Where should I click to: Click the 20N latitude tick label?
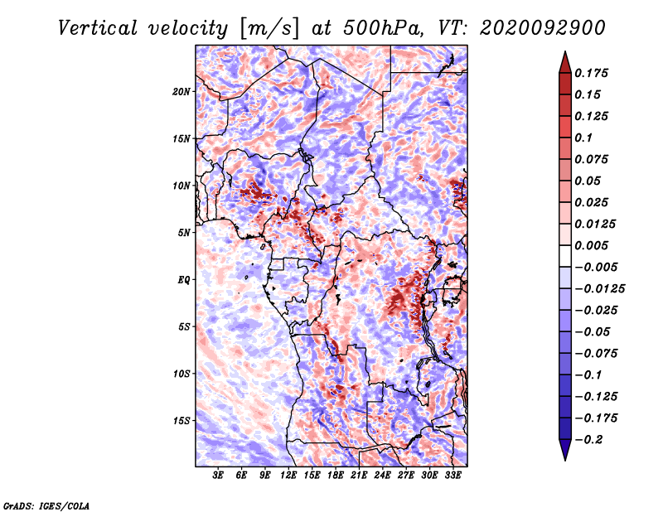[x=181, y=92]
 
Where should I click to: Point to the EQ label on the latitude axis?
[x=184, y=280]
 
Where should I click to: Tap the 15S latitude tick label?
[x=181, y=421]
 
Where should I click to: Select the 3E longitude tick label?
[x=218, y=476]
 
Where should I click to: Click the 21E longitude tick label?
[x=359, y=476]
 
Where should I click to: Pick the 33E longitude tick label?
[x=452, y=476]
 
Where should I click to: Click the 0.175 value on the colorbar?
[x=591, y=73]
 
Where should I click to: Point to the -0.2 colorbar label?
[x=588, y=440]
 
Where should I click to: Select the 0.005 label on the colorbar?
[x=591, y=245]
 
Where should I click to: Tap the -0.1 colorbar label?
[x=588, y=375]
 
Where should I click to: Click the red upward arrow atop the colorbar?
[x=565, y=62]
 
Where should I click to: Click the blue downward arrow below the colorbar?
[x=565, y=450]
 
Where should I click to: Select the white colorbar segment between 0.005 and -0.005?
[x=565, y=256]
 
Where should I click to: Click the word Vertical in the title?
[x=98, y=28]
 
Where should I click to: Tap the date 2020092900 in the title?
[x=543, y=28]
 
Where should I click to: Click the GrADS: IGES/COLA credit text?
[x=46, y=506]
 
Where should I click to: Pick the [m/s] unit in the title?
[x=269, y=28]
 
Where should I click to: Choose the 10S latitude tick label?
[x=181, y=374]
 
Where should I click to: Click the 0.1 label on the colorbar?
[x=583, y=138]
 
